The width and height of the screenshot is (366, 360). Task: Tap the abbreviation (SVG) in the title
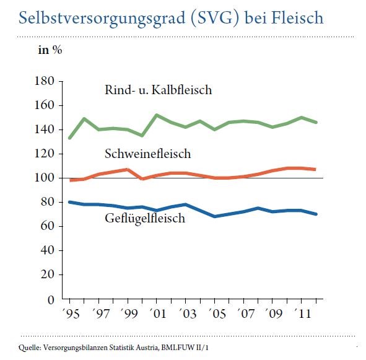pyautogui.click(x=215, y=18)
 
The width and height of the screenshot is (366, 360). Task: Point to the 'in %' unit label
pyautogui.click(x=50, y=50)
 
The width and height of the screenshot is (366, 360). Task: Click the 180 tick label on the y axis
pyautogui.click(x=45, y=81)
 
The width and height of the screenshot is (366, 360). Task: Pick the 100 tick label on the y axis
pyautogui.click(x=45, y=178)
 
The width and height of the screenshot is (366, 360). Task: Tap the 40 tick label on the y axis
pyautogui.click(x=48, y=250)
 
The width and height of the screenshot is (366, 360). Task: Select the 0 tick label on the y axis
pyautogui.click(x=51, y=299)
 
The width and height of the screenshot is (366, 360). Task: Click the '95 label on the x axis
pyautogui.click(x=71, y=314)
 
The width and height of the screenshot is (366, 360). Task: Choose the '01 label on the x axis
pyautogui.click(x=158, y=314)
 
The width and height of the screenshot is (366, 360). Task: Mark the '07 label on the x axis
pyautogui.click(x=245, y=314)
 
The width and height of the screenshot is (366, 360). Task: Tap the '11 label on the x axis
pyautogui.click(x=303, y=314)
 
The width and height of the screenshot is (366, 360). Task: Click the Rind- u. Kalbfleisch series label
pyautogui.click(x=159, y=90)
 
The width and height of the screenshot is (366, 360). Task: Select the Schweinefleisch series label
pyautogui.click(x=148, y=154)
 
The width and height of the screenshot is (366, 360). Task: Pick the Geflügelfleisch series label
pyautogui.click(x=145, y=219)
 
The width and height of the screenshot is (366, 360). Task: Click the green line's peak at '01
pyautogui.click(x=157, y=115)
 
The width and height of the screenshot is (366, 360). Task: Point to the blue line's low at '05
pyautogui.click(x=214, y=216)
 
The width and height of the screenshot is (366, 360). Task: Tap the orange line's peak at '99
pyautogui.click(x=128, y=169)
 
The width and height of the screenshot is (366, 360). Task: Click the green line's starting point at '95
pyautogui.click(x=69, y=138)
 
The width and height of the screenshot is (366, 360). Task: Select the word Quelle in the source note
pyautogui.click(x=30, y=348)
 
